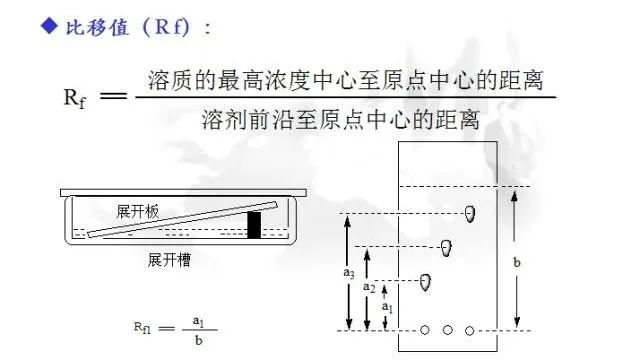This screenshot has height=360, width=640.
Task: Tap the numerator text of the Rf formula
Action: (351, 79)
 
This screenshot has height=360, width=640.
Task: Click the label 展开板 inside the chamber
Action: (138, 212)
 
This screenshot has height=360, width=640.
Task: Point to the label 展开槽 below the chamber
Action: (170, 259)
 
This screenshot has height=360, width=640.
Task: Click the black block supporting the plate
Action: (254, 224)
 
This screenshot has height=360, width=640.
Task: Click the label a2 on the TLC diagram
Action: (368, 288)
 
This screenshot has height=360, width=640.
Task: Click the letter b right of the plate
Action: (516, 262)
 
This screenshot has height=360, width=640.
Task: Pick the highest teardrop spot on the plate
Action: (469, 214)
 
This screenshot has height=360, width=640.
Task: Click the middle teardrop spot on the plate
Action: (447, 246)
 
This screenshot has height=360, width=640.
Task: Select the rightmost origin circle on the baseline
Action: (469, 330)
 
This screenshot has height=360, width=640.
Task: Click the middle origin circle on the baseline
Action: (447, 330)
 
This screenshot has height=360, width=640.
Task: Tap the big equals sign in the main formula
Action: (116, 97)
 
